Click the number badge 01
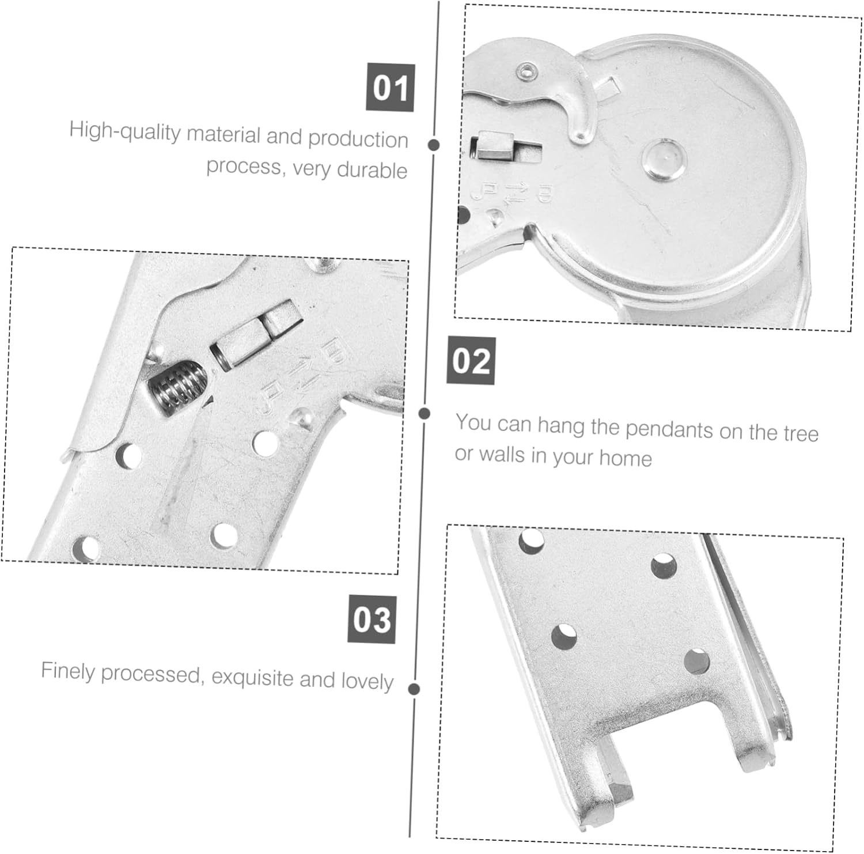(x=390, y=88)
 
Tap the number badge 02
(x=471, y=361)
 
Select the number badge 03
(x=372, y=619)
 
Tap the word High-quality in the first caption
(x=125, y=131)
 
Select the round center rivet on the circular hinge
(x=664, y=158)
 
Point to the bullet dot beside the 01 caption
(x=434, y=145)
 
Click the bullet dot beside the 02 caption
(x=425, y=413)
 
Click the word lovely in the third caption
(x=367, y=681)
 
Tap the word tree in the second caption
(x=800, y=433)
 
